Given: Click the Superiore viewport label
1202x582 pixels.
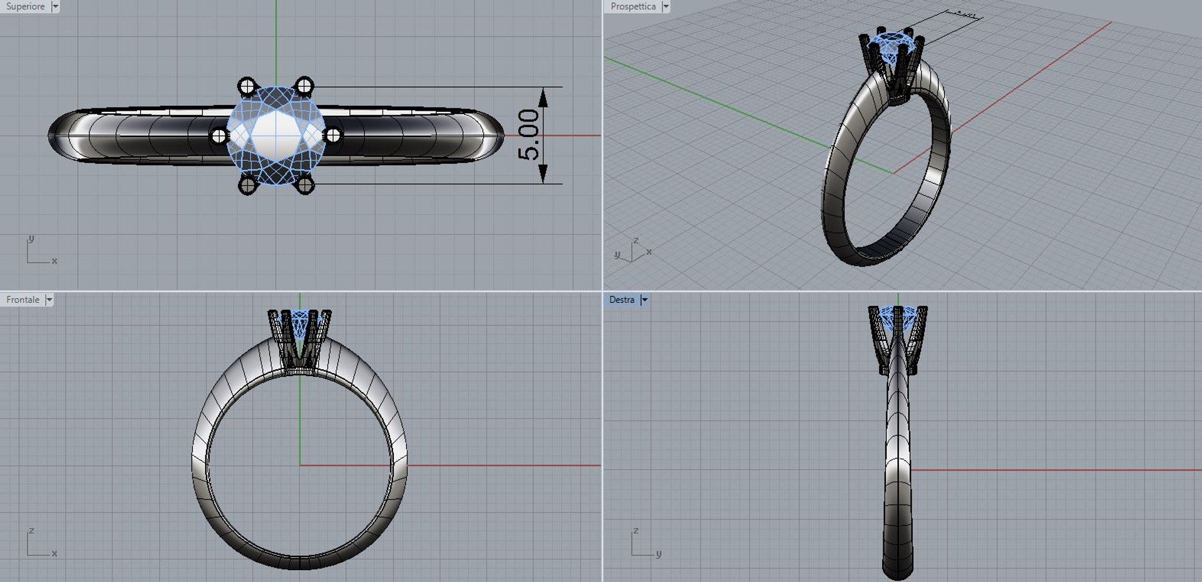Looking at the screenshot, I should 25,6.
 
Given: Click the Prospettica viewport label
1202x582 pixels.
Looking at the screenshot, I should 632,6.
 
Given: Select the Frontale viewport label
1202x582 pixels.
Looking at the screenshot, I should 23,300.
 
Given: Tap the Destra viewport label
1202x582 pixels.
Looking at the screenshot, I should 622,300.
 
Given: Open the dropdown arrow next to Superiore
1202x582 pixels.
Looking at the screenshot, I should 55,6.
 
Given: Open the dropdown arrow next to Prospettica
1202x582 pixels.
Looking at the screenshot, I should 665,6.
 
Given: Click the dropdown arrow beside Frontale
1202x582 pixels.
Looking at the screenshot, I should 49,300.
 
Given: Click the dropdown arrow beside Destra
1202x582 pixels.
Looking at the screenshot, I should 644,300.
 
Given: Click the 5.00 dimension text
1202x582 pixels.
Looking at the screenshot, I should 528,135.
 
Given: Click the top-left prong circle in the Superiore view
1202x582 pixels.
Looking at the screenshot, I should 247,85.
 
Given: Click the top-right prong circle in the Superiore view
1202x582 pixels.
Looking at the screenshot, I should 304,85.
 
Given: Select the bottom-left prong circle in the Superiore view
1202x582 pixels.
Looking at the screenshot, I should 247,185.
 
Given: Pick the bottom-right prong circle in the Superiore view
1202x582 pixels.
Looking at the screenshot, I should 304,185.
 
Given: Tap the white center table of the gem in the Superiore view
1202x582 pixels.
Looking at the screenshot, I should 275,135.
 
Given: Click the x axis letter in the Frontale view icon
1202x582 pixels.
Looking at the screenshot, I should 54,554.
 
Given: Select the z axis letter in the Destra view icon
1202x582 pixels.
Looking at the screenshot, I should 635,531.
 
